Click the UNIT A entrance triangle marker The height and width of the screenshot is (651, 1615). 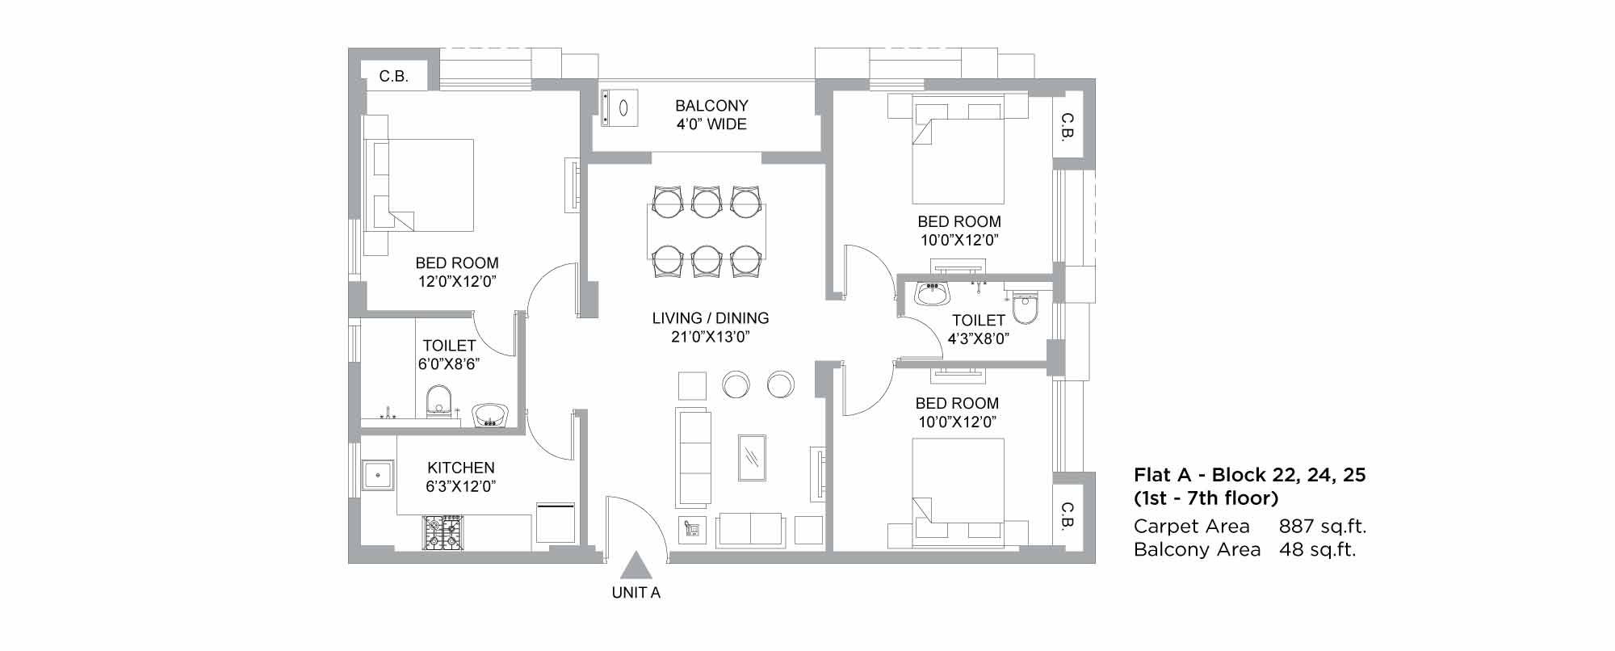coord(636,565)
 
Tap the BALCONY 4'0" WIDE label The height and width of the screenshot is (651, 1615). coord(711,115)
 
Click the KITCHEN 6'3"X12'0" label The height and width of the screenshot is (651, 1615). coord(461,477)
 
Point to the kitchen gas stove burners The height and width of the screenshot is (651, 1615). coord(442,533)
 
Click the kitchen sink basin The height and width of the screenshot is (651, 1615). coord(377,475)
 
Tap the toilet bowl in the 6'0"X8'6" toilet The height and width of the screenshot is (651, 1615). coord(438,400)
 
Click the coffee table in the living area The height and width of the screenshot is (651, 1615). coord(752,457)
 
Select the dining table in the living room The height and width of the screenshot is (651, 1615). coord(707,232)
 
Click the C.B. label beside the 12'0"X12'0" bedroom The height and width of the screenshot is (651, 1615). coord(394,77)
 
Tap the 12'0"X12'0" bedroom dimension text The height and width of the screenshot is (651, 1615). coord(457,282)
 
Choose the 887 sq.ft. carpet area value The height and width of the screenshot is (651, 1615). coord(1323,527)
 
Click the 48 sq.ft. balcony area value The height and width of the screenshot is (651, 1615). coord(1318,550)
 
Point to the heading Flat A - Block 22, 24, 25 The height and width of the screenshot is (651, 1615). coord(1249,475)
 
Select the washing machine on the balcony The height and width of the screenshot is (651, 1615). coord(619,107)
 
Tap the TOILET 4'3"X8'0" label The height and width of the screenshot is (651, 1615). coord(979,330)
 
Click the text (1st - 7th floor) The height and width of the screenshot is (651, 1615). coord(1206,498)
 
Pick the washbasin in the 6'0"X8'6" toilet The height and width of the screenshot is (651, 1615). coord(490,415)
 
